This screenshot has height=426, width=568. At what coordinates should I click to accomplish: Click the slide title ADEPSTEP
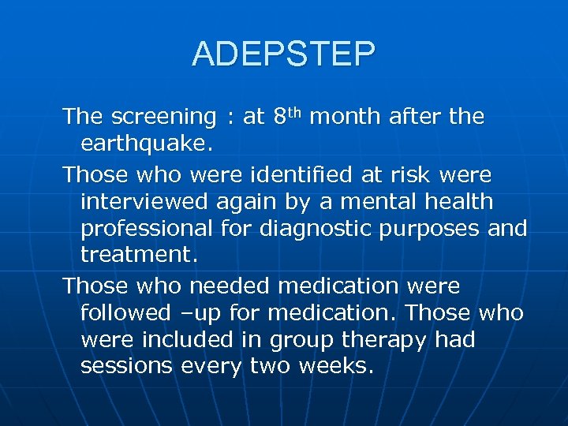coord(284,54)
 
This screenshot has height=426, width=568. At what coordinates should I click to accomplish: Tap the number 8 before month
coord(279,118)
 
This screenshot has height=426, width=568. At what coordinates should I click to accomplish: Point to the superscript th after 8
coord(296,112)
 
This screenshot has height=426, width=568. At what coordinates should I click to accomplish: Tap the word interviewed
coord(145,201)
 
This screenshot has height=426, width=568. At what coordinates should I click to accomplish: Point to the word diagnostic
coord(307,229)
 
